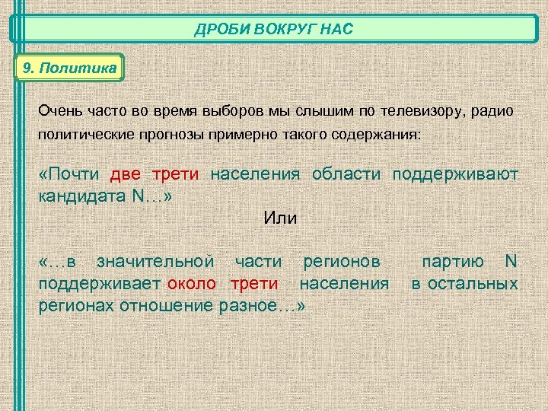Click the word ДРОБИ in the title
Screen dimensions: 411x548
(215, 30)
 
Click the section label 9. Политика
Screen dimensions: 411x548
(69, 68)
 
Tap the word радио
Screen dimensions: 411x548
(492, 111)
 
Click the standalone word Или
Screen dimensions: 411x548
(280, 218)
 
